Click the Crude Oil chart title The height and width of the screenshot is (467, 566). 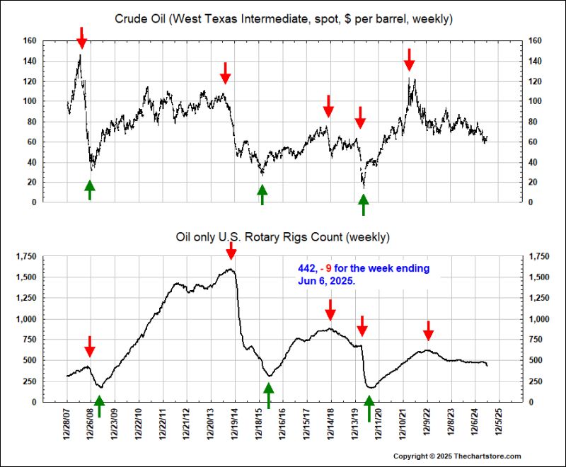pyautogui.click(x=283, y=18)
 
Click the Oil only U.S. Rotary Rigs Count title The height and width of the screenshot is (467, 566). pyautogui.click(x=283, y=236)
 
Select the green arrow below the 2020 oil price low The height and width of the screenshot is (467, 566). pyautogui.click(x=364, y=204)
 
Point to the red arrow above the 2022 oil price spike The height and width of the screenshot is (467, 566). pyautogui.click(x=409, y=59)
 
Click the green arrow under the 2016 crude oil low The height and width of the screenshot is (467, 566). pyautogui.click(x=262, y=194)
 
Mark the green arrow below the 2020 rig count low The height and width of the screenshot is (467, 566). pyautogui.click(x=369, y=409)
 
